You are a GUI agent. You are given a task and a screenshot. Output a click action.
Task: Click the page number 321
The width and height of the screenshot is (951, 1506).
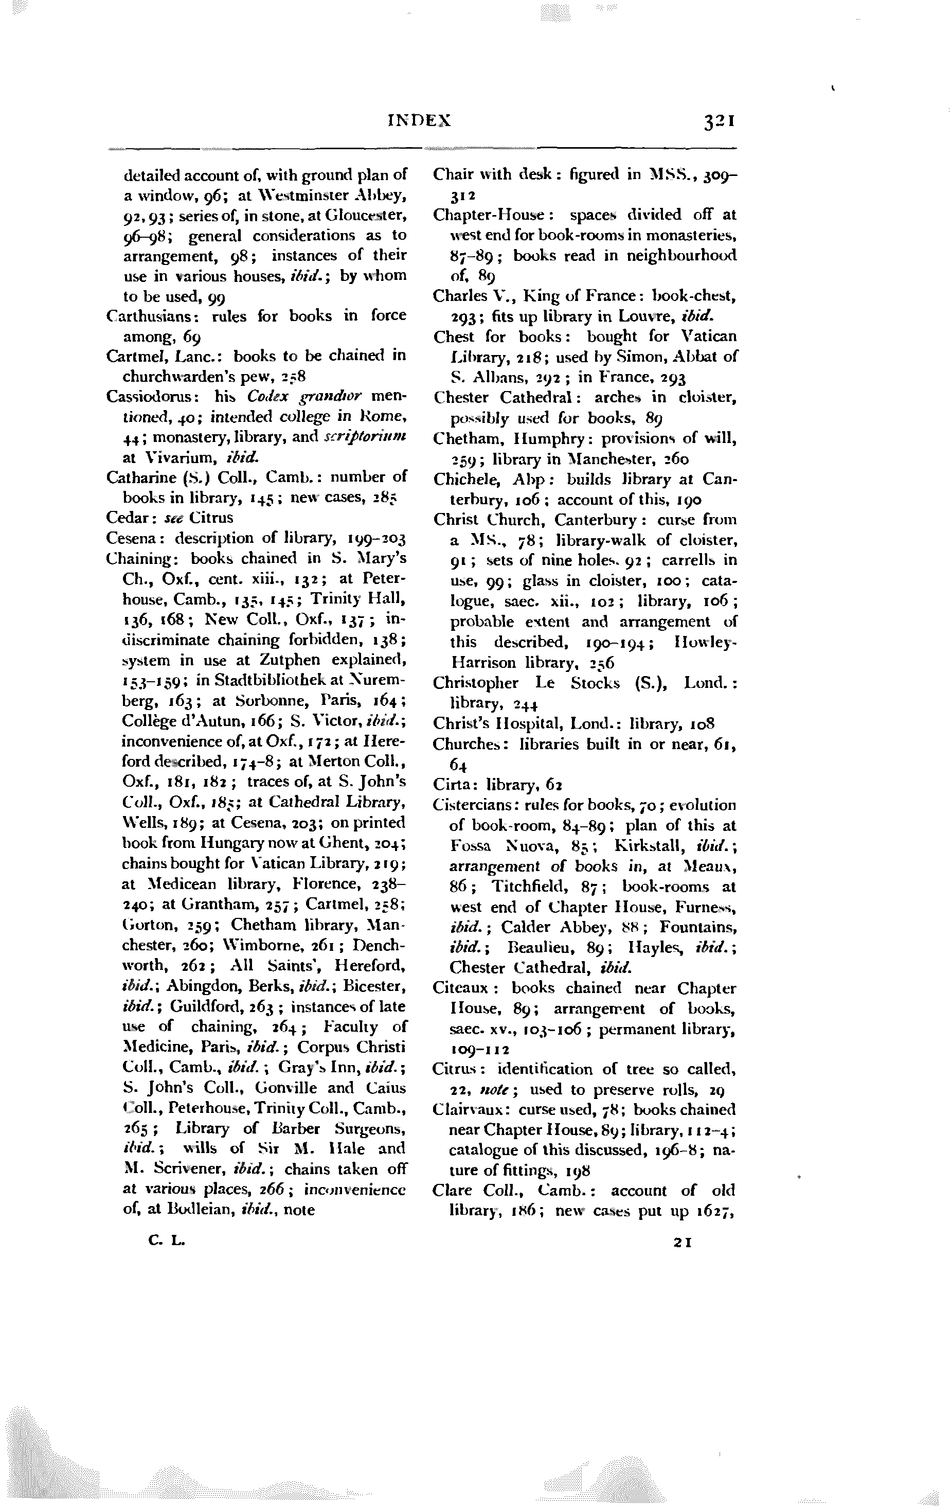(719, 121)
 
